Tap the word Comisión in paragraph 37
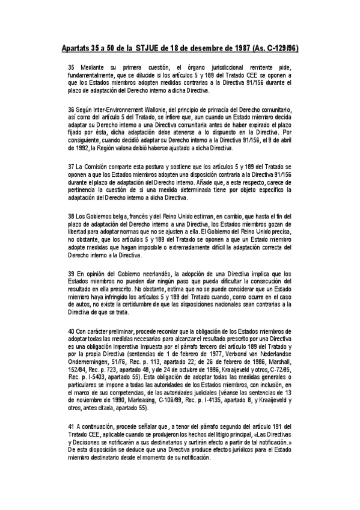point(99,165)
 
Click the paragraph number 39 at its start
point(72,272)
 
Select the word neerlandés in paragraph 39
point(156,272)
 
